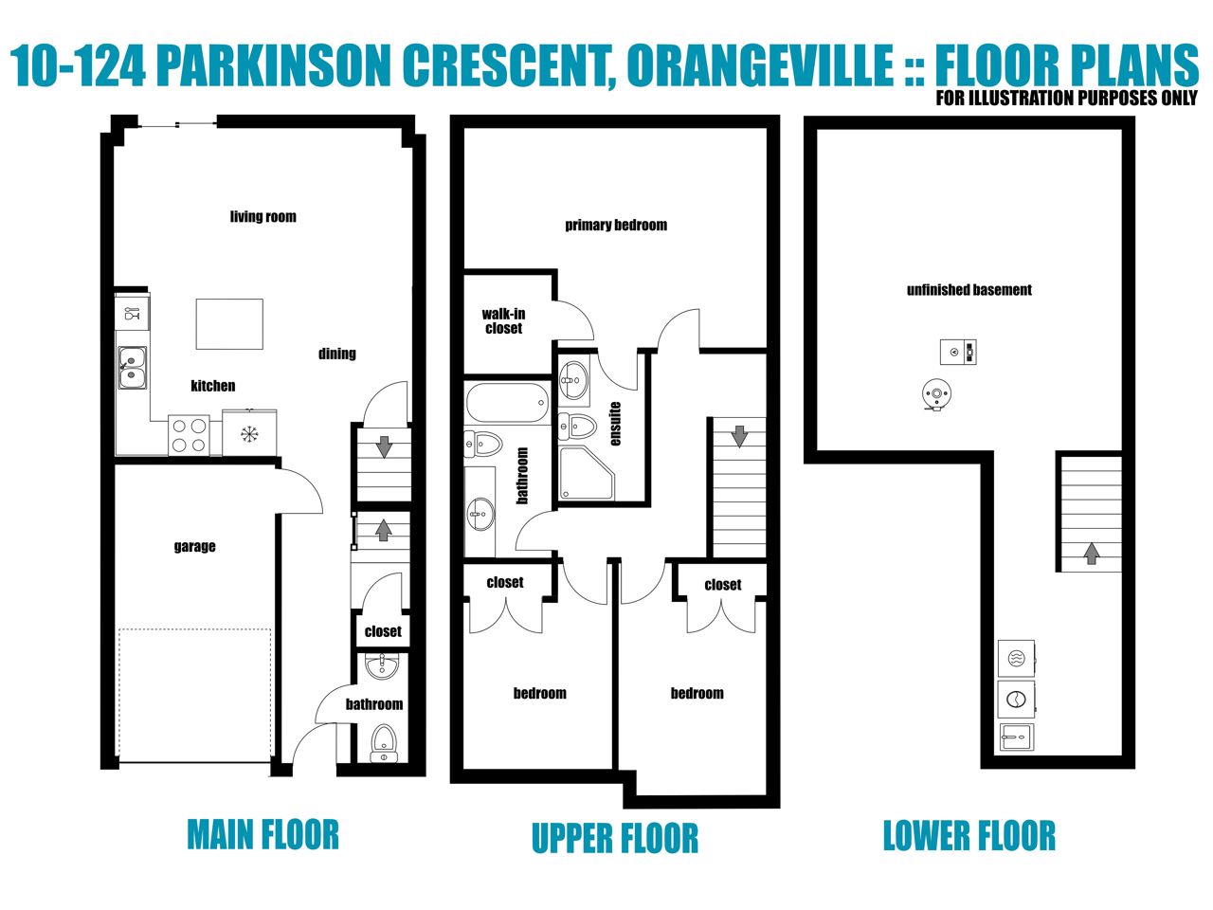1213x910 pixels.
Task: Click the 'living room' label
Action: tap(263, 216)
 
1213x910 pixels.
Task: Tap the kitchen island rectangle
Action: tap(229, 324)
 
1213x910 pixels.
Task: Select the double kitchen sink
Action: tap(133, 368)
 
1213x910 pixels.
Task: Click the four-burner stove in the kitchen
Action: tap(189, 435)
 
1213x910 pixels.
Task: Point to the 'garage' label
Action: tap(194, 546)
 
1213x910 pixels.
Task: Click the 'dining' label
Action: tap(337, 354)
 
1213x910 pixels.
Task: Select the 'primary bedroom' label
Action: tap(616, 225)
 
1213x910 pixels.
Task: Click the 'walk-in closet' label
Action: tap(503, 321)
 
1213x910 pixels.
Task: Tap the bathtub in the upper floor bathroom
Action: tap(507, 403)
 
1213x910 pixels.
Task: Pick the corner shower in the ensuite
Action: tap(586, 473)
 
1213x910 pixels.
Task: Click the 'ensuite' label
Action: tap(616, 424)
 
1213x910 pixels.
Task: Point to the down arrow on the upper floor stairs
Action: tap(739, 436)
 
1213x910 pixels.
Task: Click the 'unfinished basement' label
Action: tap(969, 290)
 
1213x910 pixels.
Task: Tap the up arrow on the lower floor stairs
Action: tap(1091, 553)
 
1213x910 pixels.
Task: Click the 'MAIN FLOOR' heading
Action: tap(263, 835)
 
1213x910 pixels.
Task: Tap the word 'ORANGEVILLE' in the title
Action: tap(760, 65)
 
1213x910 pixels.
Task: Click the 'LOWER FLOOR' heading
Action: tap(969, 836)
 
